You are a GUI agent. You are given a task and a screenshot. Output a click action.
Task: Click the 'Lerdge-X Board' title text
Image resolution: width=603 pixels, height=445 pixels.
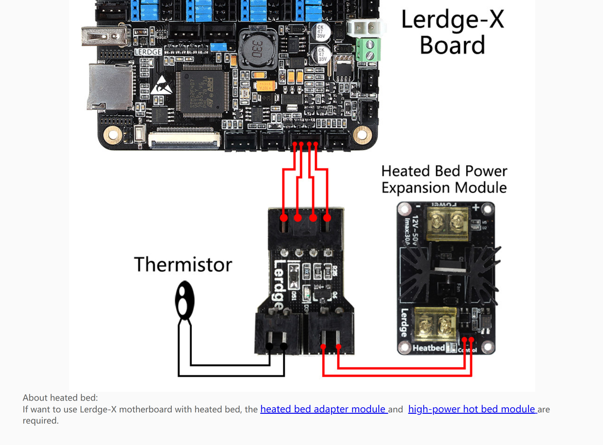pyautogui.click(x=452, y=32)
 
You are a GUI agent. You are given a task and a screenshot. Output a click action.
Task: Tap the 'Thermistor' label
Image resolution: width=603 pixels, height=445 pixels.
pyautogui.click(x=183, y=264)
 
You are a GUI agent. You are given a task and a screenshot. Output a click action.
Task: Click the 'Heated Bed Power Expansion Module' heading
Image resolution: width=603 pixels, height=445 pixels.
pyautogui.click(x=444, y=179)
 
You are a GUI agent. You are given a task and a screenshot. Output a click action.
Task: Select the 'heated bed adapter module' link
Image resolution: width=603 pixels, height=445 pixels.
pyautogui.click(x=323, y=409)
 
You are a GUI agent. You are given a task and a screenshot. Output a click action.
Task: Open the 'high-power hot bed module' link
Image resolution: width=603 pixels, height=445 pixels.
pyautogui.click(x=472, y=409)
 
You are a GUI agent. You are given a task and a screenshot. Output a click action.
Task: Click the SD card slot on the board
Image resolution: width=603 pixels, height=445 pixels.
pyautogui.click(x=110, y=86)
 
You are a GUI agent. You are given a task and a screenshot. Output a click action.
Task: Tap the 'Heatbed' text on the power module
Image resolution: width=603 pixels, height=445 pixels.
pyautogui.click(x=429, y=348)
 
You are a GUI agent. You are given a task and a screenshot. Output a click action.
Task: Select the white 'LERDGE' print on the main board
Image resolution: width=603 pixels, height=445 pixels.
pyautogui.click(x=147, y=52)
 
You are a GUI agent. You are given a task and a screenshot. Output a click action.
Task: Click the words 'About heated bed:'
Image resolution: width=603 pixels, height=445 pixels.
pyautogui.click(x=60, y=398)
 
